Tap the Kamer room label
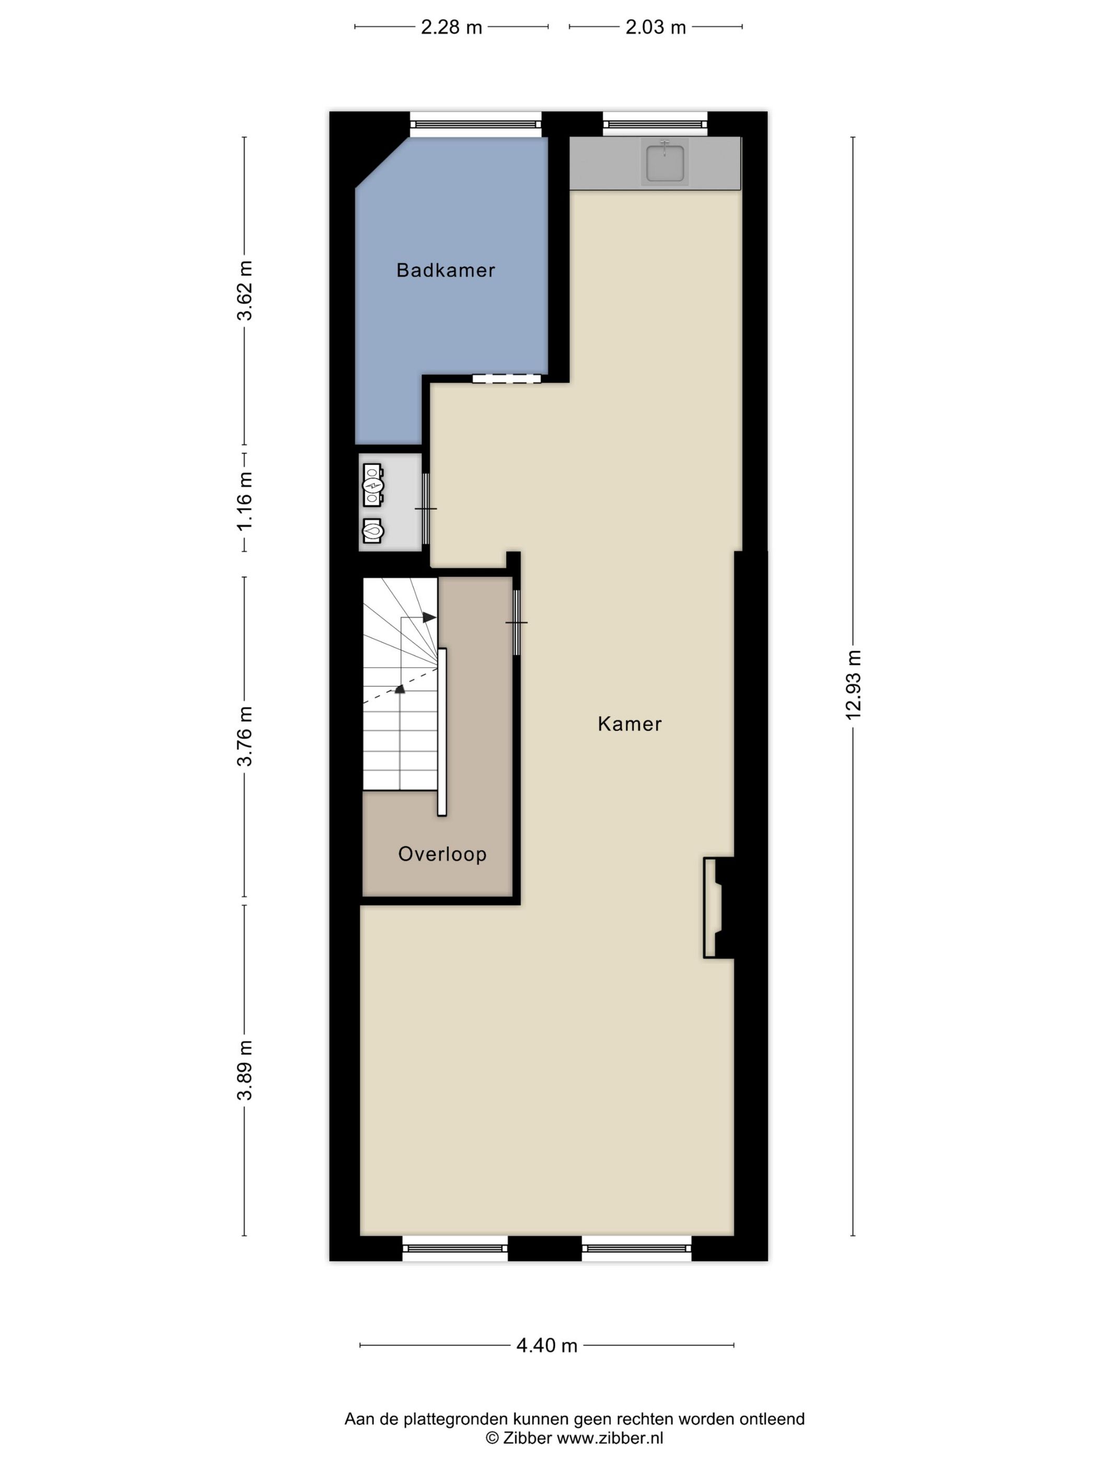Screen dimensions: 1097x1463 pos(629,724)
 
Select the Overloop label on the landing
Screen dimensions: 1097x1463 pos(442,854)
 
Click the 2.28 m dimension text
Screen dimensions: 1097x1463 pos(452,28)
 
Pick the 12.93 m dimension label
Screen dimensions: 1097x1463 pos(854,684)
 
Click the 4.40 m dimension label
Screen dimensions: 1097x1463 pos(547,1346)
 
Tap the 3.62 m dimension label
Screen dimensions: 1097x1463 pos(244,291)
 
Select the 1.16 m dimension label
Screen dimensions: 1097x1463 pos(244,501)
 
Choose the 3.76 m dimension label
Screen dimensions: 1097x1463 pos(244,736)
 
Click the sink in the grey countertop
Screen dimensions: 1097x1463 pos(664,161)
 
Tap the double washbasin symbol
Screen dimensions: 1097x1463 pos(373,485)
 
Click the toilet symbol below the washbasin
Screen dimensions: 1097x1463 pos(373,530)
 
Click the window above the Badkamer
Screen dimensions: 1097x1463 pos(475,124)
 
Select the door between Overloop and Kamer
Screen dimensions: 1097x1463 pos(517,622)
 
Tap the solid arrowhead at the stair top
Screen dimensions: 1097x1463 pos(429,617)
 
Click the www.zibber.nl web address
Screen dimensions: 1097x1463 pos(610,1437)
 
